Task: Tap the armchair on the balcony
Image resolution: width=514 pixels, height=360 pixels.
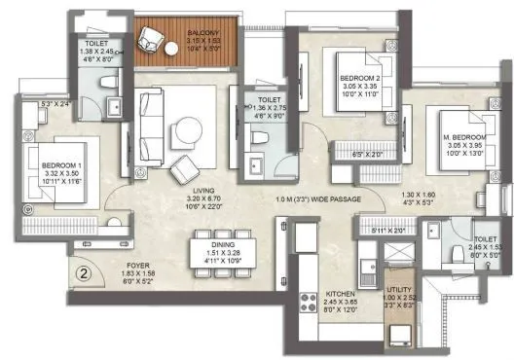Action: (152, 39)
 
